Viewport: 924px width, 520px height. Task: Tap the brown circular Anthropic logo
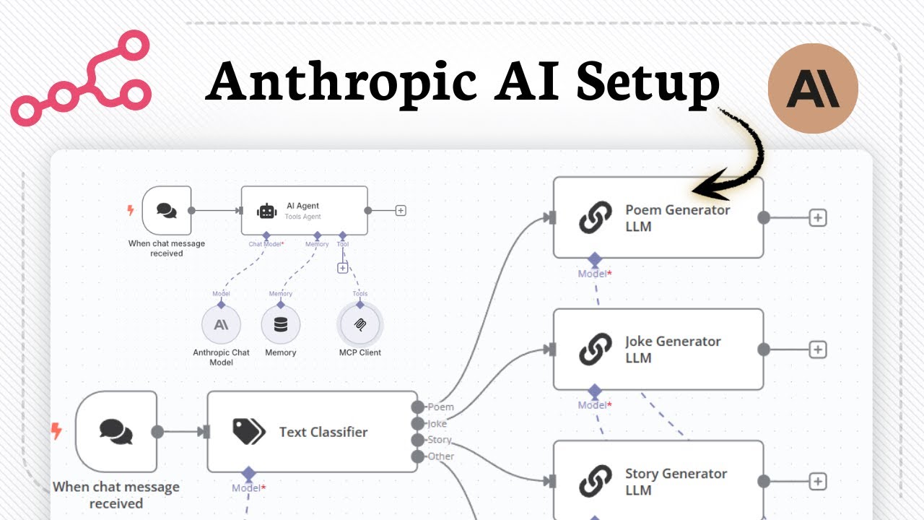pos(813,88)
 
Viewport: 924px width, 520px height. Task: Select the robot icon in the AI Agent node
pos(267,211)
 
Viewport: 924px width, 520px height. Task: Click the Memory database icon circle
pos(281,325)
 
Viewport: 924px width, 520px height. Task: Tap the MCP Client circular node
pos(360,325)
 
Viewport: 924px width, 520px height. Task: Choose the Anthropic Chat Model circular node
pos(221,325)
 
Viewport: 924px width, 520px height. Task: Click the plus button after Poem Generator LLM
pos(817,217)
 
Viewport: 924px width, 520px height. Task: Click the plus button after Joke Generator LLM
pos(817,350)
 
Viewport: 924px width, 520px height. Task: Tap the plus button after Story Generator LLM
pos(817,482)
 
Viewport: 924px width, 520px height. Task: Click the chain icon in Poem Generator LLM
pos(596,217)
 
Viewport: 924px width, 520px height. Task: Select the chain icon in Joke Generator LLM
pos(596,350)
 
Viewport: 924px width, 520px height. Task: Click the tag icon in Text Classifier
pos(249,432)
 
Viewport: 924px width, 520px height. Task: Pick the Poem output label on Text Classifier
pos(440,407)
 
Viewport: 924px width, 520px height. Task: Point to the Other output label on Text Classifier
pos(440,456)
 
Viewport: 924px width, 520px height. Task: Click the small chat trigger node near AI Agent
pos(167,210)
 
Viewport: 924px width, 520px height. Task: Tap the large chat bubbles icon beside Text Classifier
pos(115,432)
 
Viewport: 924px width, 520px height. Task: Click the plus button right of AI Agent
pos(401,211)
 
